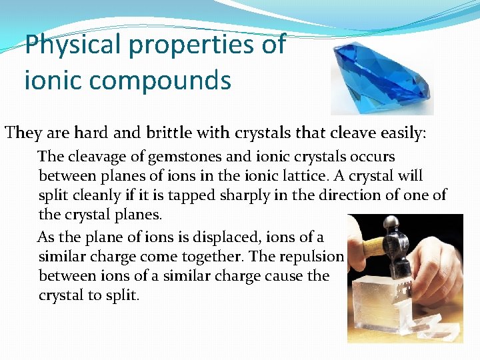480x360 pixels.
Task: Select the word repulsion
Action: tap(316, 257)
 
